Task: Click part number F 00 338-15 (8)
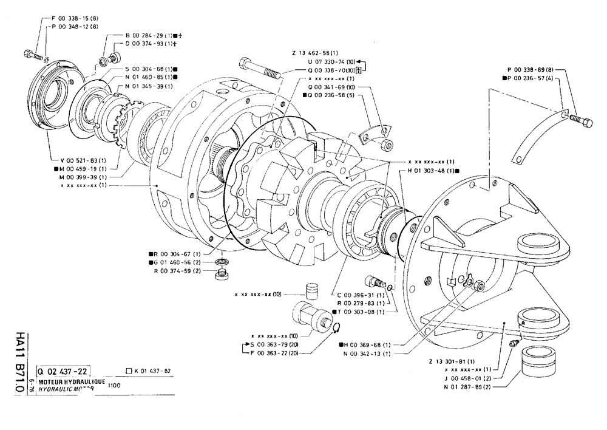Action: click(x=73, y=18)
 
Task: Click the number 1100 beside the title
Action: click(x=114, y=384)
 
